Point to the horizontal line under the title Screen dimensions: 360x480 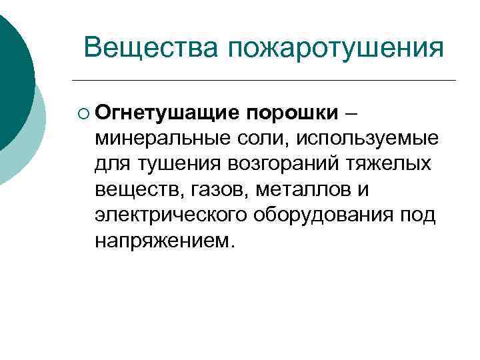(x=267, y=81)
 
